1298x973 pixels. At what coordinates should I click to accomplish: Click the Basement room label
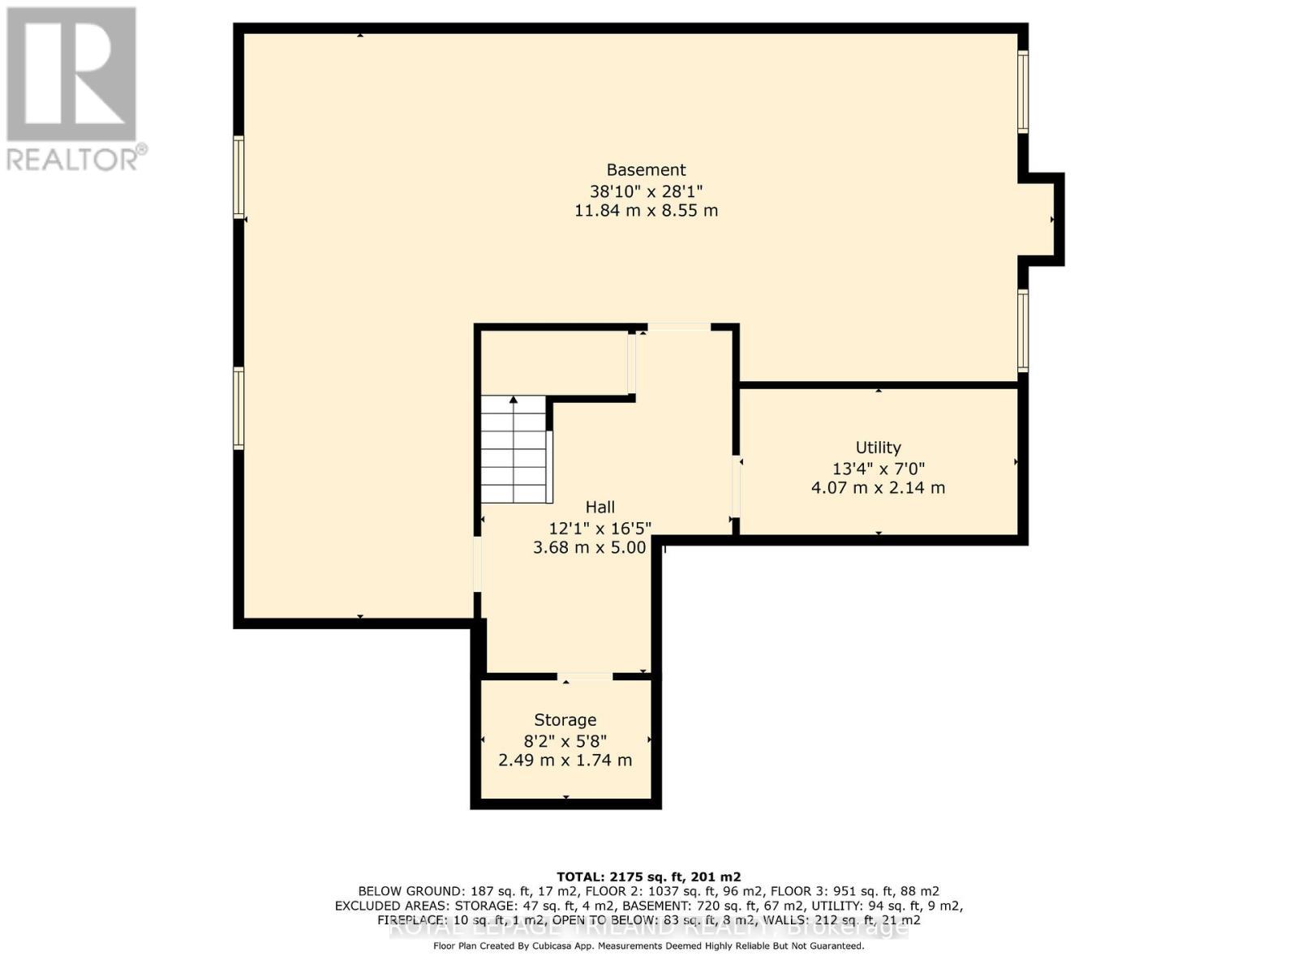tap(646, 169)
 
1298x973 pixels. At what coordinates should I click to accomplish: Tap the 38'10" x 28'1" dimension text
tap(646, 191)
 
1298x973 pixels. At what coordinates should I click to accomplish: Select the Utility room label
tap(878, 448)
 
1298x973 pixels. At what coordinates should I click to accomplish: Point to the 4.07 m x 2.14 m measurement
tap(878, 488)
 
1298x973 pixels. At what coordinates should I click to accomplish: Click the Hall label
tap(600, 507)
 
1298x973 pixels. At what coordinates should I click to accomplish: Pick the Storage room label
tap(565, 720)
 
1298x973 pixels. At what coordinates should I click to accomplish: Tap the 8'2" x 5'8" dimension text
tap(565, 740)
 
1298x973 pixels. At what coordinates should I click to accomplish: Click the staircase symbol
tap(515, 450)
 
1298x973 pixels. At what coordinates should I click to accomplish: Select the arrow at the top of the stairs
tap(514, 400)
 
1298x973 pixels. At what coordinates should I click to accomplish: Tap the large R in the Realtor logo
tap(71, 75)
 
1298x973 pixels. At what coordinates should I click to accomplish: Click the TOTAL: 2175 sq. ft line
tap(648, 877)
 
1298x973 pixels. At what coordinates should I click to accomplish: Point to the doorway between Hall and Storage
tap(585, 676)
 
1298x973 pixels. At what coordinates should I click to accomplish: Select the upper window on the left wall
tap(239, 177)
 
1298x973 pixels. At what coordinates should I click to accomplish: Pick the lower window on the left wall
tap(239, 408)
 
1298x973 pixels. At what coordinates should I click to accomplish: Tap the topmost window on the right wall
tap(1023, 91)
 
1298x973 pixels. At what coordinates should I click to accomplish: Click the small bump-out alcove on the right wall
tap(1040, 219)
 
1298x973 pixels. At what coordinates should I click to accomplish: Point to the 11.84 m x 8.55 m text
tap(646, 211)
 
